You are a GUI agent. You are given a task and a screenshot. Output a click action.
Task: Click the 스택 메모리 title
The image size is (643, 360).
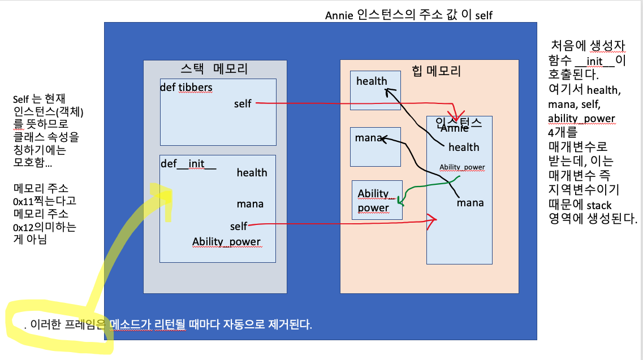tap(214, 69)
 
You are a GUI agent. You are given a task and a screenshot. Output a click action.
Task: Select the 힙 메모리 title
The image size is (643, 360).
tap(437, 71)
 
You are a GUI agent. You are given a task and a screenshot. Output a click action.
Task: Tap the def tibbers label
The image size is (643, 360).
tap(187, 87)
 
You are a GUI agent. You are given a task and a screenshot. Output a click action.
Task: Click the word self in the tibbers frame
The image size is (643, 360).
tap(243, 104)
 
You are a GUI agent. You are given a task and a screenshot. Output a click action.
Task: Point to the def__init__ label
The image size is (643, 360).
tap(188, 163)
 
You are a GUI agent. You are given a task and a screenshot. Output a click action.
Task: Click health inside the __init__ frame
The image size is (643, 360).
tap(252, 172)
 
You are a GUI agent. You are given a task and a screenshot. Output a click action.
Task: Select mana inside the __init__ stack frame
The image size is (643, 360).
tap(250, 203)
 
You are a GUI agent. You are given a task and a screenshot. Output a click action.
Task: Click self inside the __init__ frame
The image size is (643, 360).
tap(239, 226)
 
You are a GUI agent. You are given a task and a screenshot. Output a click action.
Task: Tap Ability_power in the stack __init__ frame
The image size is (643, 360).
tap(226, 242)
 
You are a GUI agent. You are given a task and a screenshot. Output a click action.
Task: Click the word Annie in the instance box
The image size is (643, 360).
tap(455, 128)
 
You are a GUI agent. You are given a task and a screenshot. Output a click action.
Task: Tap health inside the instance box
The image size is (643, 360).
tap(464, 147)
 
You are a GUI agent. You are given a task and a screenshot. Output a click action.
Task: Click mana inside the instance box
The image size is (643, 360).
tap(471, 202)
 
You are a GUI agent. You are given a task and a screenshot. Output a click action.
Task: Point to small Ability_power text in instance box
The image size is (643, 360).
tap(462, 167)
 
